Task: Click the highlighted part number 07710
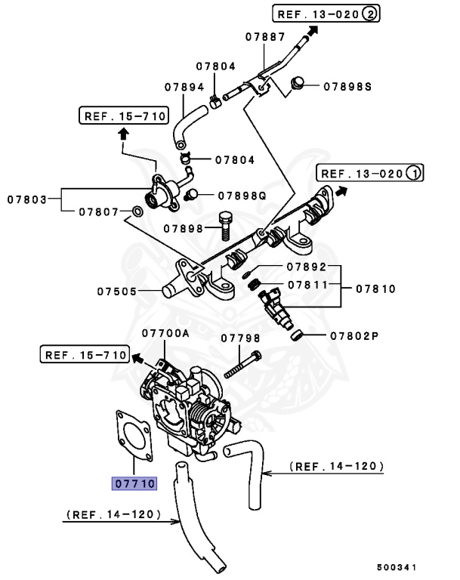[134, 482]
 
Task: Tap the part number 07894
[184, 87]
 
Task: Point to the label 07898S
[348, 87]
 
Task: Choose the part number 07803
[27, 200]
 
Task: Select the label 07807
[98, 212]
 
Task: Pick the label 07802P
[353, 335]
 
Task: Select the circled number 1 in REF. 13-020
[412, 174]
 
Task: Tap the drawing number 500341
[397, 566]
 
